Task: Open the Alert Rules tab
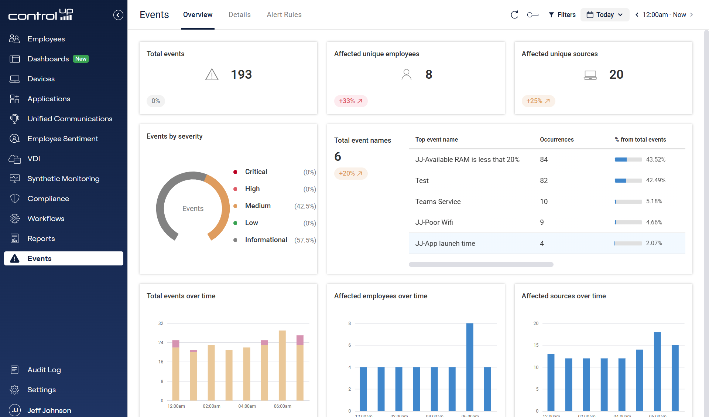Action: tap(284, 15)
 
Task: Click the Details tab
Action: tap(239, 15)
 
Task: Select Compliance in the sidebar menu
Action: tap(48, 199)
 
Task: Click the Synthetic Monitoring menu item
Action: tap(63, 179)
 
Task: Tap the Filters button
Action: tap(562, 15)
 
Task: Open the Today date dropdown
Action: tap(604, 15)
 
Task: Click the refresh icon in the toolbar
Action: tap(514, 15)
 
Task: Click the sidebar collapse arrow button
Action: tap(118, 15)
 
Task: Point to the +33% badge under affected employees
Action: tap(350, 101)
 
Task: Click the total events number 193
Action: tap(241, 75)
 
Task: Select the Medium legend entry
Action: tap(258, 206)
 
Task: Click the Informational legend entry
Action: tap(266, 240)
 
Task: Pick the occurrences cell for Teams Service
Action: tap(544, 201)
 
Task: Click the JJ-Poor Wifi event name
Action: tap(434, 222)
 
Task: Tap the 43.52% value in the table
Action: tap(655, 159)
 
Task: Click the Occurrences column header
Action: tap(556, 139)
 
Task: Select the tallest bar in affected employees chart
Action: tap(470, 366)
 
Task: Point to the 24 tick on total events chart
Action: tap(161, 343)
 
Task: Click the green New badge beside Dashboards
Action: tap(81, 59)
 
